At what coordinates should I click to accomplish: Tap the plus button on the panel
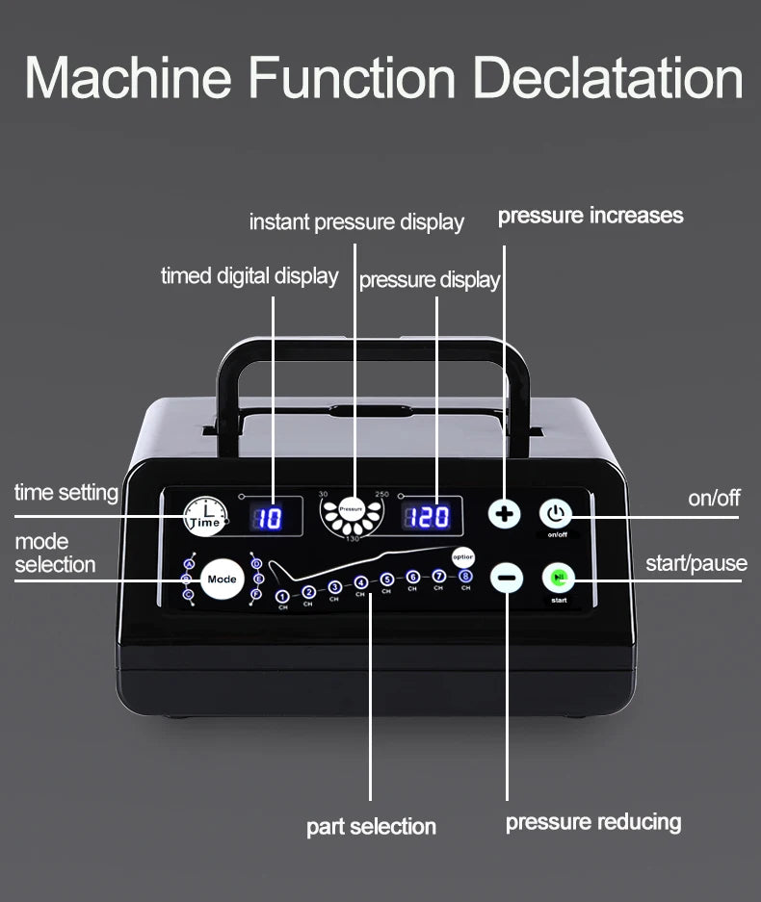click(x=504, y=514)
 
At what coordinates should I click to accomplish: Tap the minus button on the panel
click(x=507, y=578)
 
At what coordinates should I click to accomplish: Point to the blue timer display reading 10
click(x=269, y=518)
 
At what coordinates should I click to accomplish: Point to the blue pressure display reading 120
click(x=429, y=517)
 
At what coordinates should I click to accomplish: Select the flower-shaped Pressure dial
click(x=351, y=515)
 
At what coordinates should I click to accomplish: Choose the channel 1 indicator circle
click(x=282, y=597)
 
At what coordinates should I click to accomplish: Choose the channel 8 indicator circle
click(x=465, y=576)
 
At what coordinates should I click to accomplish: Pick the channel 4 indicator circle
click(x=360, y=582)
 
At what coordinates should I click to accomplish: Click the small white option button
click(x=463, y=557)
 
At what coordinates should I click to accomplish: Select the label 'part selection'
click(x=371, y=826)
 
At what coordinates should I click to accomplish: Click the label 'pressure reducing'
click(x=593, y=822)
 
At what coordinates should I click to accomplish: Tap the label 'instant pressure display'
click(x=356, y=222)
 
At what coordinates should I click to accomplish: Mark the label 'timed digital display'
click(x=249, y=276)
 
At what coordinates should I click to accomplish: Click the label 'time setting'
click(x=66, y=493)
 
